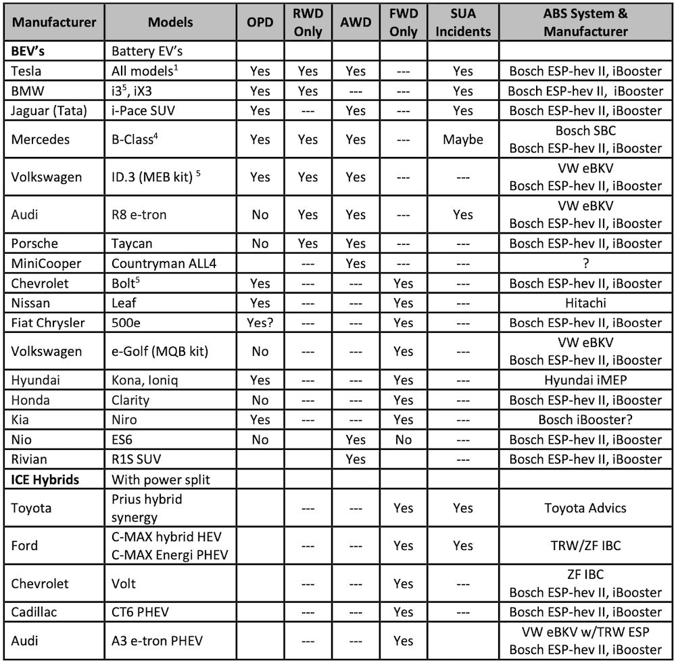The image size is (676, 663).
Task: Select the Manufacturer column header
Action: pyautogui.click(x=55, y=22)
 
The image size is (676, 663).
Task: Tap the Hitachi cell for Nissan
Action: pyautogui.click(x=585, y=303)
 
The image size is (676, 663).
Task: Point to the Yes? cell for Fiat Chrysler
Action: pyautogui.click(x=260, y=323)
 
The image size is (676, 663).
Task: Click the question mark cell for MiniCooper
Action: pyautogui.click(x=585, y=263)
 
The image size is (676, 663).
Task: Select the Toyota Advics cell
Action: pyautogui.click(x=585, y=507)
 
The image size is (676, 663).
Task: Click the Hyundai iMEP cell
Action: pyautogui.click(x=585, y=380)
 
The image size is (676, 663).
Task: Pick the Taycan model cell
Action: pyautogui.click(x=131, y=244)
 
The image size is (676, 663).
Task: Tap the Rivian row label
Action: pyautogui.click(x=29, y=459)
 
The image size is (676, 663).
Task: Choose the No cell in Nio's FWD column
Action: pyautogui.click(x=403, y=440)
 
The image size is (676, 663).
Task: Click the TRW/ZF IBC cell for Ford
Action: pyautogui.click(x=585, y=545)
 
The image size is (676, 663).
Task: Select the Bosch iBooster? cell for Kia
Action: pyautogui.click(x=585, y=419)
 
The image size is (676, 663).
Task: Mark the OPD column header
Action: pyautogui.click(x=260, y=22)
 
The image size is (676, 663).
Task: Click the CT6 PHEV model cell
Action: pyautogui.click(x=141, y=612)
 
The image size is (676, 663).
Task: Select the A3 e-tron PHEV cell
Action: pyautogui.click(x=158, y=640)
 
